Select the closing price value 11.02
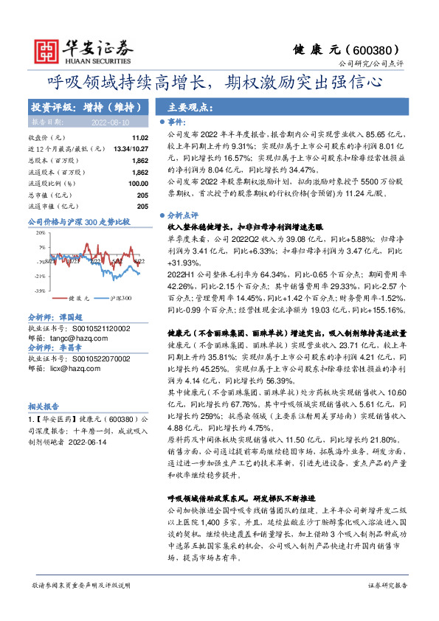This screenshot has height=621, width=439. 139,138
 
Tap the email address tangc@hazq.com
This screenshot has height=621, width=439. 80,339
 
